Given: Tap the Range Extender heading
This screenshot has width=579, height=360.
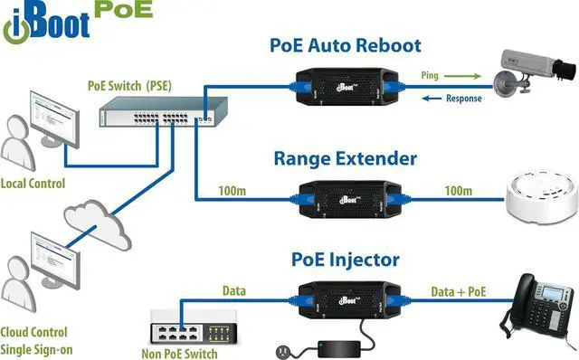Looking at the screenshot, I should (345, 159).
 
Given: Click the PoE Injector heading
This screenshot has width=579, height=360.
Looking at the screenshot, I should (345, 261).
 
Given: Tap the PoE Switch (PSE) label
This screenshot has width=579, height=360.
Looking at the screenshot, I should (131, 85).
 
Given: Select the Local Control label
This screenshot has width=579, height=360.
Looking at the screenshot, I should (33, 182).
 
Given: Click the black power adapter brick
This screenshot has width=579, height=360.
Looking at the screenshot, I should (341, 347).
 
